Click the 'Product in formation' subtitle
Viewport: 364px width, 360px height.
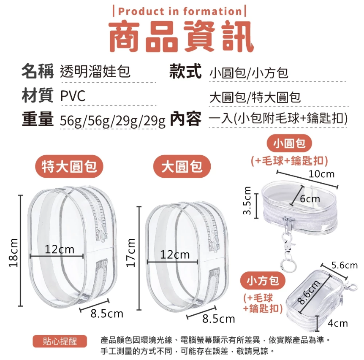tap(180, 11)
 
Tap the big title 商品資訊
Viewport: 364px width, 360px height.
tap(182, 36)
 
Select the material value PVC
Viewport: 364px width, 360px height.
tap(73, 96)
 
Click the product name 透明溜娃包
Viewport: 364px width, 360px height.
tap(95, 71)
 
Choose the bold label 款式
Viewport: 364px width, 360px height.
tap(185, 71)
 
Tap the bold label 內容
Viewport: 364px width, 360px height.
tap(185, 119)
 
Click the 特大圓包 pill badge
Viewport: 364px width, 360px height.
tap(69, 166)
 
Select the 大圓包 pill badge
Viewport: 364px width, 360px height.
tap(182, 166)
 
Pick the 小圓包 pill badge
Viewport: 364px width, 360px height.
tap(289, 143)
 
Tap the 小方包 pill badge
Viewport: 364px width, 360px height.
tap(263, 281)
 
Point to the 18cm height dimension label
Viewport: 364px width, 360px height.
tap(14, 253)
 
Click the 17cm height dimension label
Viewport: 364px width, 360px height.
tap(131, 253)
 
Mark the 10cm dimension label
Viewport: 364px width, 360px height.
tap(321, 174)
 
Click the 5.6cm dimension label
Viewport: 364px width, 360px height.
tap(345, 265)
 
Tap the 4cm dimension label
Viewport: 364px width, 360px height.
tap(338, 323)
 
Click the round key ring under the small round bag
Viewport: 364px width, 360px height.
tap(288, 265)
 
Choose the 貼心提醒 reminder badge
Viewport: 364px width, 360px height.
tap(60, 341)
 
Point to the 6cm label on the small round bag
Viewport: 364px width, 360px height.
tap(310, 199)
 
